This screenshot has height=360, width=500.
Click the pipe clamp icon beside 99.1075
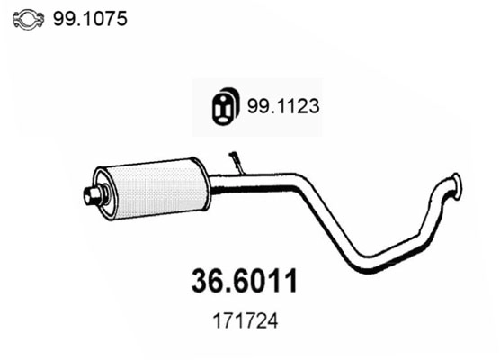[32, 18]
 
